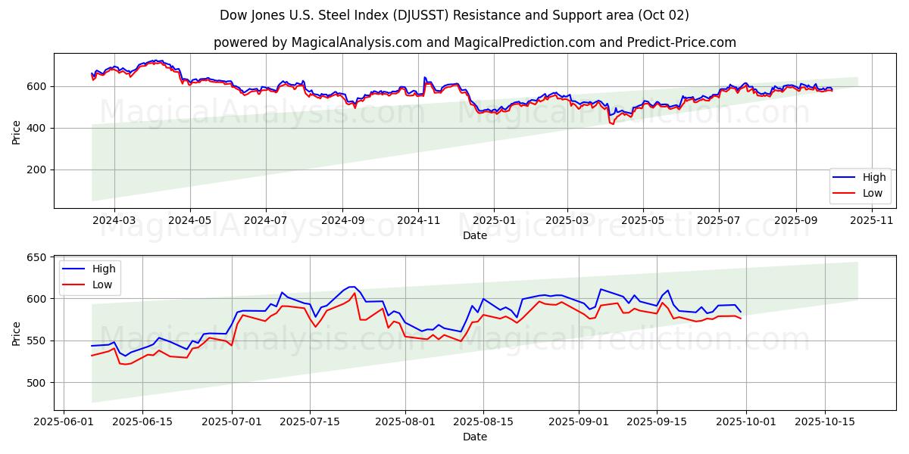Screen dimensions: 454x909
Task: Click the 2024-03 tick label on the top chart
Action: [114, 219]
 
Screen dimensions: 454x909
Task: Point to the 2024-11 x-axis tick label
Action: [418, 219]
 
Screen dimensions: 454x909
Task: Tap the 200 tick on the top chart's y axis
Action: [38, 169]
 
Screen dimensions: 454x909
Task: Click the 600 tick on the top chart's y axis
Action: [38, 86]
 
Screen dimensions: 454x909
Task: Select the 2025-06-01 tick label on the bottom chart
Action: [64, 421]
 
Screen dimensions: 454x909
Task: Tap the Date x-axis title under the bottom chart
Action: [475, 437]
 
